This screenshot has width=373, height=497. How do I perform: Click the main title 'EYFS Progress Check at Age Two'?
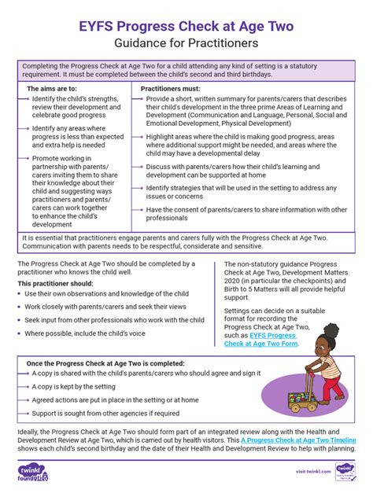[186, 27]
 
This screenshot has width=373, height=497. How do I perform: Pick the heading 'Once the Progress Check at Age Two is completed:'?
[106, 363]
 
